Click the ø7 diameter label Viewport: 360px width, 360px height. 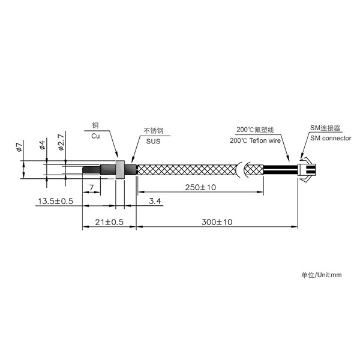(19, 147)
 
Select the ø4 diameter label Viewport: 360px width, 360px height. (43, 145)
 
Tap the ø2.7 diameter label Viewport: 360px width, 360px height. (61, 142)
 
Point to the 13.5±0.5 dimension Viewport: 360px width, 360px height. (56, 201)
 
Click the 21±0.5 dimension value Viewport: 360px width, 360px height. (109, 222)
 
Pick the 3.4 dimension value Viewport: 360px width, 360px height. (155, 201)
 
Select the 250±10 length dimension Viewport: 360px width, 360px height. (200, 187)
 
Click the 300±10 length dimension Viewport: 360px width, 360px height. (217, 222)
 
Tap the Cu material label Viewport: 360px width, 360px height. (95, 136)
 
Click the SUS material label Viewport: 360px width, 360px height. (154, 141)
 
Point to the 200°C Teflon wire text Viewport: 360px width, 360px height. (256, 140)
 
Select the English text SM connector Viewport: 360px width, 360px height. (331, 138)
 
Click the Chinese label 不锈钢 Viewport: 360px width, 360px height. (154, 131)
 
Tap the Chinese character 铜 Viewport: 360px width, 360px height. (95, 125)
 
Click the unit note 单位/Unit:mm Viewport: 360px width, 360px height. (322, 275)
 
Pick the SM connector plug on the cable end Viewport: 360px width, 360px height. (307, 170)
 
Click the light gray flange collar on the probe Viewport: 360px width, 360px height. (120, 170)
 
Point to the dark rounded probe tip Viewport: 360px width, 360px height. (91, 170)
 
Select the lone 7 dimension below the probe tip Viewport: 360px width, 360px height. (92, 188)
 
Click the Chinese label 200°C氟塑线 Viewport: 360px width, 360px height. (256, 130)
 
